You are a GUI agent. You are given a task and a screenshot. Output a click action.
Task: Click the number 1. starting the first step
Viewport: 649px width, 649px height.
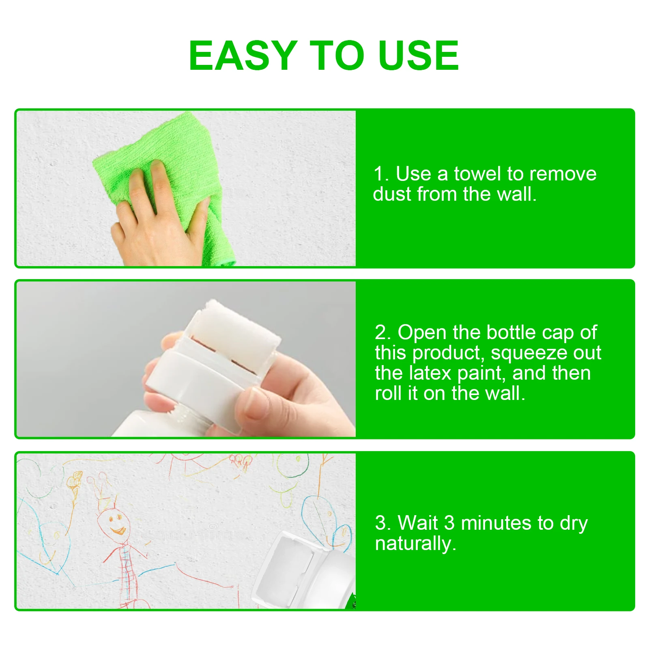coord(381,174)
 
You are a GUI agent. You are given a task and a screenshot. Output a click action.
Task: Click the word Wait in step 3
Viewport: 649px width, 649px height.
coord(417,523)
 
